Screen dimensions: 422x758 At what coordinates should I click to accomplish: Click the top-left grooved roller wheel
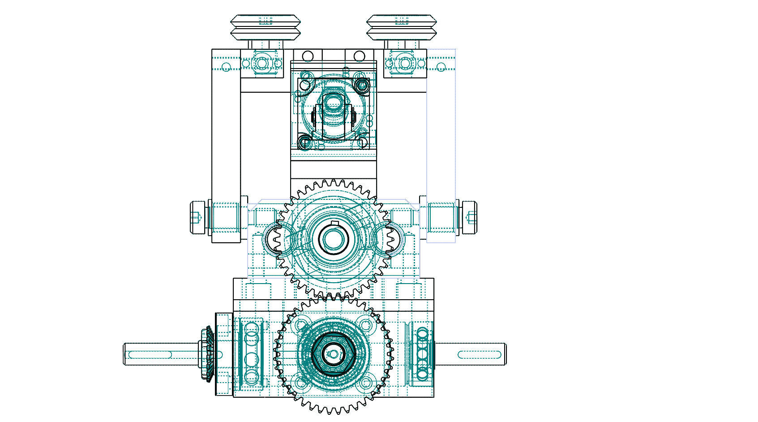pos(265,28)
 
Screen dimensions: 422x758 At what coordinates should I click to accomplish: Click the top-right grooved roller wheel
pos(401,28)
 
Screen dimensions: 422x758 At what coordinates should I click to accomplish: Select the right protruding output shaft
pos(470,354)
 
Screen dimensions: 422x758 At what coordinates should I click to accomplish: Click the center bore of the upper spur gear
pos(332,238)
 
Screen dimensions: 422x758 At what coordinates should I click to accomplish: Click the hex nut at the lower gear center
pos(332,354)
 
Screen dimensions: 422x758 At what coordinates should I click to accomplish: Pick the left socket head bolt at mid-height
pos(197,217)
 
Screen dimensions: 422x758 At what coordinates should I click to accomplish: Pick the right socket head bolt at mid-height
pos(469,217)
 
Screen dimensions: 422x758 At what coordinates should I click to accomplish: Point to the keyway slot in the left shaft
pos(150,355)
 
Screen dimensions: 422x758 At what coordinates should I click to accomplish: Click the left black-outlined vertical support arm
pos(226,143)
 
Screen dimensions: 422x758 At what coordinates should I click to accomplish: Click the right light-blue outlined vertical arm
pos(441,143)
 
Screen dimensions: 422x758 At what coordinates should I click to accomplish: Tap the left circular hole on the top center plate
pos(308,56)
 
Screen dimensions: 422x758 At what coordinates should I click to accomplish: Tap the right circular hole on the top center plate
pos(359,56)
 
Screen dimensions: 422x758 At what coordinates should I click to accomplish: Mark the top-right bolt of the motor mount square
pos(362,85)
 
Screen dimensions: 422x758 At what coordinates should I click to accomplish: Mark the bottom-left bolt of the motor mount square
pos(304,142)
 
